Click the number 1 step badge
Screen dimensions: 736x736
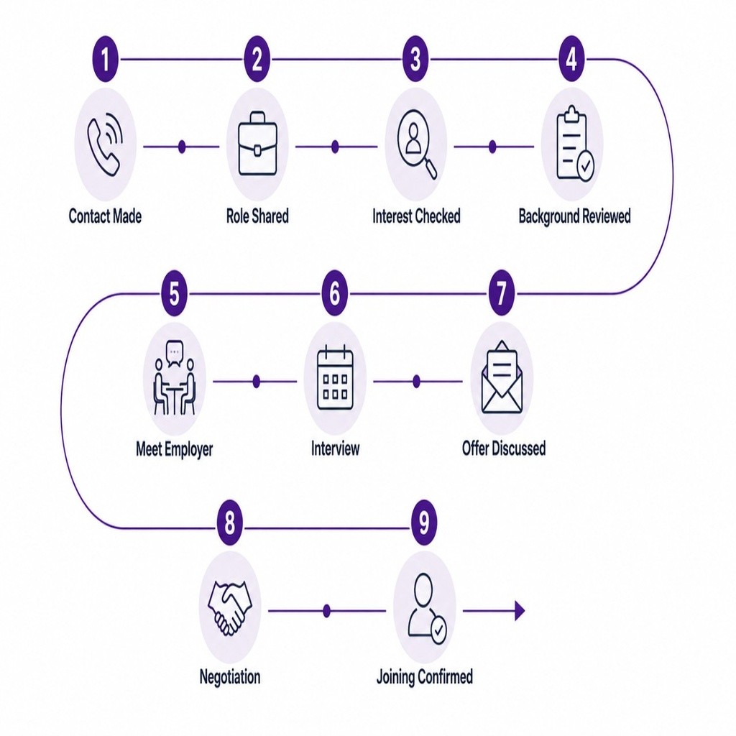pyautogui.click(x=105, y=59)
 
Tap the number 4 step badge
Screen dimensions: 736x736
pyautogui.click(x=571, y=59)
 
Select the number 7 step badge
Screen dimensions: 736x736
pyautogui.click(x=501, y=293)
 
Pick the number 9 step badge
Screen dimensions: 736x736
pyautogui.click(x=424, y=523)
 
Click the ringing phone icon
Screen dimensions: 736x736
pyautogui.click(x=105, y=144)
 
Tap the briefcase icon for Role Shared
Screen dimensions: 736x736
pyautogui.click(x=257, y=144)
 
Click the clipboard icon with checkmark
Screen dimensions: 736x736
pyautogui.click(x=574, y=144)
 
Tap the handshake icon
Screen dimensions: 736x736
pyautogui.click(x=229, y=607)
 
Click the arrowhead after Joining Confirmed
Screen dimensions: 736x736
pyautogui.click(x=520, y=611)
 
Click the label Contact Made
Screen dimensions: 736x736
pyautogui.click(x=105, y=216)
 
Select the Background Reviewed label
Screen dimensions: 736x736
pyautogui.click(x=574, y=216)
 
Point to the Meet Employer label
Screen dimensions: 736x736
pyautogui.click(x=174, y=449)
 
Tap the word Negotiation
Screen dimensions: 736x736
pyautogui.click(x=229, y=677)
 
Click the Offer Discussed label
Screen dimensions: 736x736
pyautogui.click(x=504, y=448)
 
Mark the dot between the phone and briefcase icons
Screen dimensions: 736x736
pyautogui.click(x=182, y=147)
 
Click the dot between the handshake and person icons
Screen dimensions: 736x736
pyautogui.click(x=327, y=611)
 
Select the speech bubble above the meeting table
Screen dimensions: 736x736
pyautogui.click(x=175, y=352)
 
